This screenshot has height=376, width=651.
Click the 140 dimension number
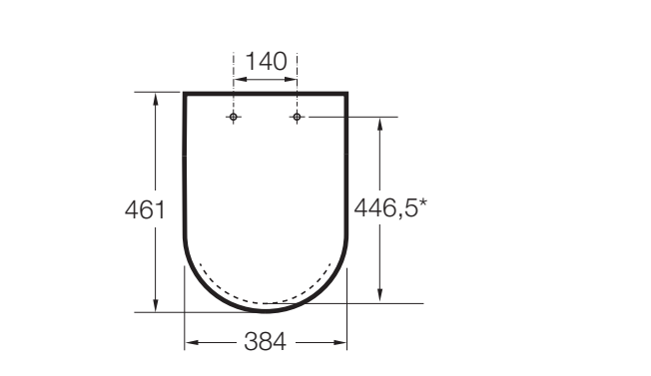click(267, 62)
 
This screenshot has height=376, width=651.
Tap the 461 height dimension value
click(145, 209)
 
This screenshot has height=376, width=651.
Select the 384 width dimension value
click(265, 342)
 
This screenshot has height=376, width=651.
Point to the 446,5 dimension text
click(385, 207)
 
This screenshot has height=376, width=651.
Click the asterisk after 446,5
click(422, 202)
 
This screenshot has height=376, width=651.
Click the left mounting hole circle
click(234, 117)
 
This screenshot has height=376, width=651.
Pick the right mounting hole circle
click(297, 117)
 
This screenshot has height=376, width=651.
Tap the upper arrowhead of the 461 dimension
click(156, 100)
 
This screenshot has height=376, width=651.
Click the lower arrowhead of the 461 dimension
click(156, 305)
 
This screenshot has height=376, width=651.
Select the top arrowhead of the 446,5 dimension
click(379, 125)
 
